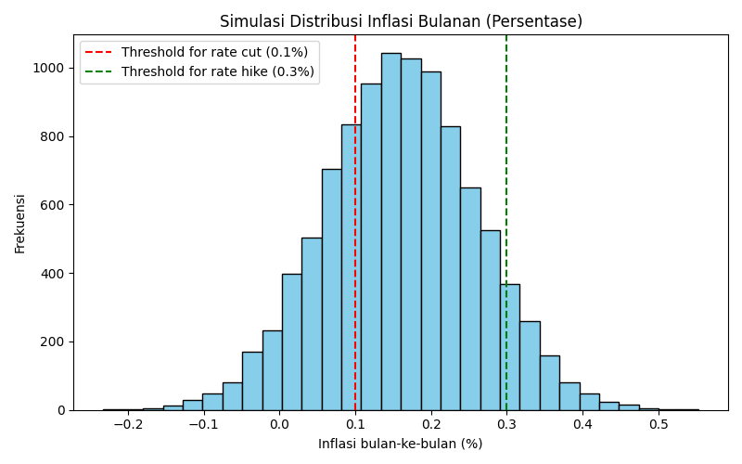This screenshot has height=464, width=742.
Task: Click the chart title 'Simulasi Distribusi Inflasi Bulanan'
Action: coord(401,21)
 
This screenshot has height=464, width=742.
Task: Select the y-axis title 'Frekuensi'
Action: coord(20,223)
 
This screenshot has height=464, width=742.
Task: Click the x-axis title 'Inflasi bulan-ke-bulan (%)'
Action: coord(401,444)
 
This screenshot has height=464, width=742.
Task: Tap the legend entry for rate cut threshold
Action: coord(214,52)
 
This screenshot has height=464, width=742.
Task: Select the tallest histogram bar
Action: coord(390,232)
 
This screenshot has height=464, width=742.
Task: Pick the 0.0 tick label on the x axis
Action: coord(280,424)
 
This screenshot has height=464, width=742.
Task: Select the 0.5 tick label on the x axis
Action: coord(659,424)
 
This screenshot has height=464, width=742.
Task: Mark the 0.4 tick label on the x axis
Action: coord(582,424)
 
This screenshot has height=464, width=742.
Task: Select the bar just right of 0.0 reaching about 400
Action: coord(291,343)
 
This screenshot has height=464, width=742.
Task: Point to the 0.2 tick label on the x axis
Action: coord(431,424)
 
